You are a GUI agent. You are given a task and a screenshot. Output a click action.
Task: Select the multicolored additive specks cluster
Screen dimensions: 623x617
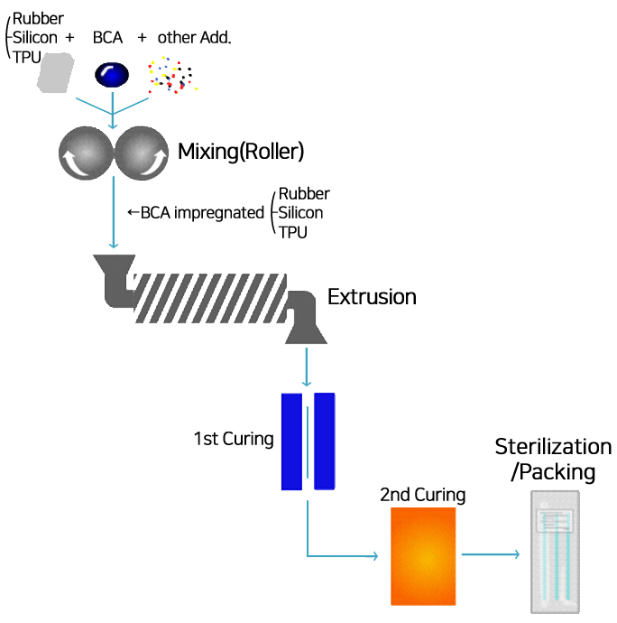click(x=173, y=75)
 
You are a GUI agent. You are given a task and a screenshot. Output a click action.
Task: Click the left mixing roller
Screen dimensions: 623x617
click(x=85, y=153)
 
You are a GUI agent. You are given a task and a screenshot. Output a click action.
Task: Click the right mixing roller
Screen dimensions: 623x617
click(x=142, y=153)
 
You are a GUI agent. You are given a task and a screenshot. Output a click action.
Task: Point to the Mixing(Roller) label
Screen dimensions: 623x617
click(x=241, y=151)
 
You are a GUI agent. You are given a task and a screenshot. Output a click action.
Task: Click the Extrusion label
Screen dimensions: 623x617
click(x=372, y=296)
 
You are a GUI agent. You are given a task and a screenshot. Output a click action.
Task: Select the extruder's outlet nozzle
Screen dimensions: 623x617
click(x=306, y=324)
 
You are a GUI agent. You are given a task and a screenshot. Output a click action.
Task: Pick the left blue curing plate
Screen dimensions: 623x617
click(x=291, y=441)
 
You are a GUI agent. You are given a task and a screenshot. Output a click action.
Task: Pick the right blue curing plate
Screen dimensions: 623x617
click(x=325, y=441)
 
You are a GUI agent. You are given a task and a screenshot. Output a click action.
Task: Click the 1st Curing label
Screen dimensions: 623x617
click(x=233, y=440)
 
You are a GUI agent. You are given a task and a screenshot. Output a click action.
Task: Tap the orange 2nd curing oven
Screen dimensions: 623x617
click(x=424, y=555)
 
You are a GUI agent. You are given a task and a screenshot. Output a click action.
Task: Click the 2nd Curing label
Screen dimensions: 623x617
click(x=422, y=495)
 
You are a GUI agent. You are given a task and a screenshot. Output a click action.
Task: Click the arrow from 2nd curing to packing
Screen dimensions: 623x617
click(x=491, y=554)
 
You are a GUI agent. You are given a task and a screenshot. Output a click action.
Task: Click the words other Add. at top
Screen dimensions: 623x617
click(x=194, y=38)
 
